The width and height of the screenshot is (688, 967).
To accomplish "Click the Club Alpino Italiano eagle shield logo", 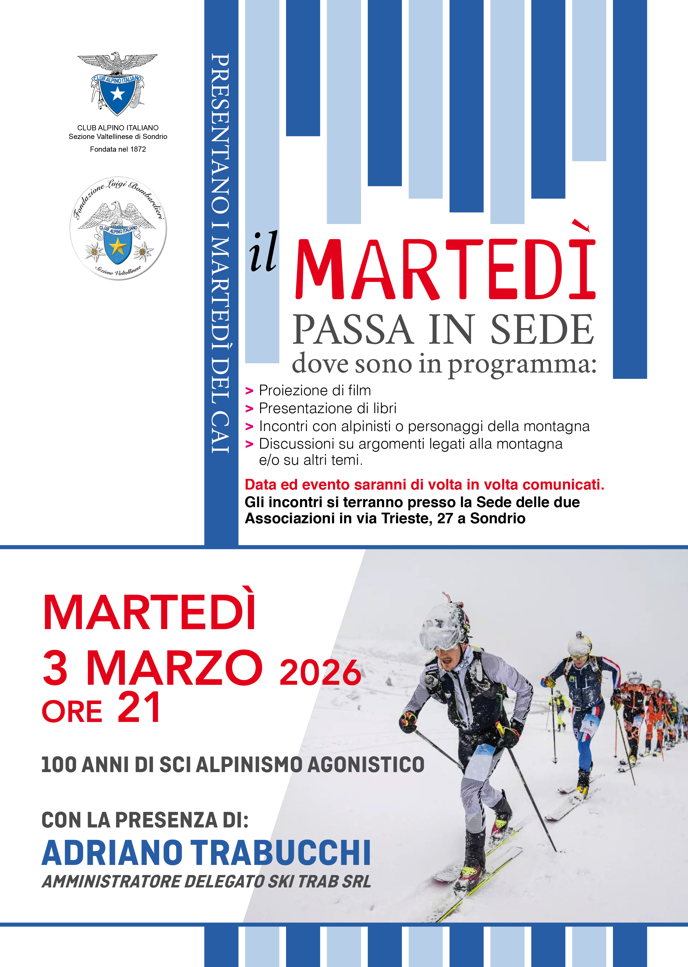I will tap(117, 84).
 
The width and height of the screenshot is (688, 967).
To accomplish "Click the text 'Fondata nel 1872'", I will tap(118, 149).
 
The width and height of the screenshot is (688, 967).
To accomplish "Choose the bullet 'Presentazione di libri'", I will tap(328, 408).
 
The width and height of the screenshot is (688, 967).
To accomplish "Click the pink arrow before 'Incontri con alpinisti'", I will tap(249, 426).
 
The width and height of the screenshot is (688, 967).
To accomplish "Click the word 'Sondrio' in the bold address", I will tap(498, 518).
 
